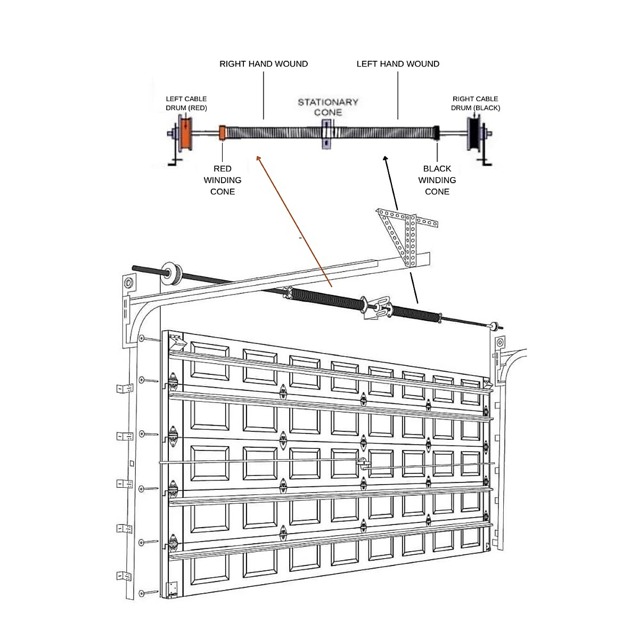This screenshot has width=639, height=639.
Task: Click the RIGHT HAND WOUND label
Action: coord(264,64)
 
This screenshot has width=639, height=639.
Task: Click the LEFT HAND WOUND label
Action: coord(398,64)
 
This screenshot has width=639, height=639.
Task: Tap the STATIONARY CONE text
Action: coord(327,107)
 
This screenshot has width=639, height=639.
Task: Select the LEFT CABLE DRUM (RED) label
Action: coord(186,103)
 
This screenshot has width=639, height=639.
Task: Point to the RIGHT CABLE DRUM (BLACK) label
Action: coord(475,103)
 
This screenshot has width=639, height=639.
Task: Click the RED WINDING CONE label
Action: coord(223,180)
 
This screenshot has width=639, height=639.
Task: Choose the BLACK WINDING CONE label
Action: coord(437,180)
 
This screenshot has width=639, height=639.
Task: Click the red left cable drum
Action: coord(185,134)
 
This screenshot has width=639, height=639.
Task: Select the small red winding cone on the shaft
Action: coord(223,133)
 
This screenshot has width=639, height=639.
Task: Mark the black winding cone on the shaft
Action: coord(436,133)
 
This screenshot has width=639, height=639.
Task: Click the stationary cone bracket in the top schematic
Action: coord(326,134)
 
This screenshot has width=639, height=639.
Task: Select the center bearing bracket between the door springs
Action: coord(377,308)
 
